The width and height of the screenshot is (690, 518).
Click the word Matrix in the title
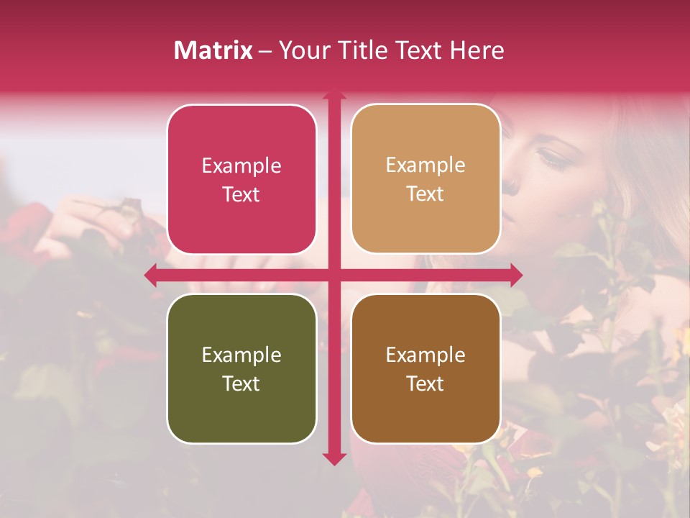pyautogui.click(x=213, y=50)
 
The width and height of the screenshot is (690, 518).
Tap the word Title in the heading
pyautogui.click(x=359, y=50)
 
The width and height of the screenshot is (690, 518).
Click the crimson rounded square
pyautogui.click(x=241, y=180)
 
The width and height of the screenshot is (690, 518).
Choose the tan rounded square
pyautogui.click(x=425, y=180)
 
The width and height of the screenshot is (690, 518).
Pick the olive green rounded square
pyautogui.click(x=241, y=368)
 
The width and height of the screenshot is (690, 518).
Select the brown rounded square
pyautogui.click(x=425, y=368)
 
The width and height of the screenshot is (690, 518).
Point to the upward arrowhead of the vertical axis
pyautogui.click(x=333, y=93)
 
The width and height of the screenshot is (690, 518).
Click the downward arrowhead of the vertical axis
pyautogui.click(x=333, y=458)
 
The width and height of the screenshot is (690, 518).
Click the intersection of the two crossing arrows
pyautogui.click(x=333, y=276)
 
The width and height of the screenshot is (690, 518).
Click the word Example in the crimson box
pyautogui.click(x=241, y=166)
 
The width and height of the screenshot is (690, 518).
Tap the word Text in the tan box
pyautogui.click(x=425, y=194)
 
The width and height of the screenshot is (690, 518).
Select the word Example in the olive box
pyautogui.click(x=241, y=355)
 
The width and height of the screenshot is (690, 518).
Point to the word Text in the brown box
pyautogui.click(x=425, y=383)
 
